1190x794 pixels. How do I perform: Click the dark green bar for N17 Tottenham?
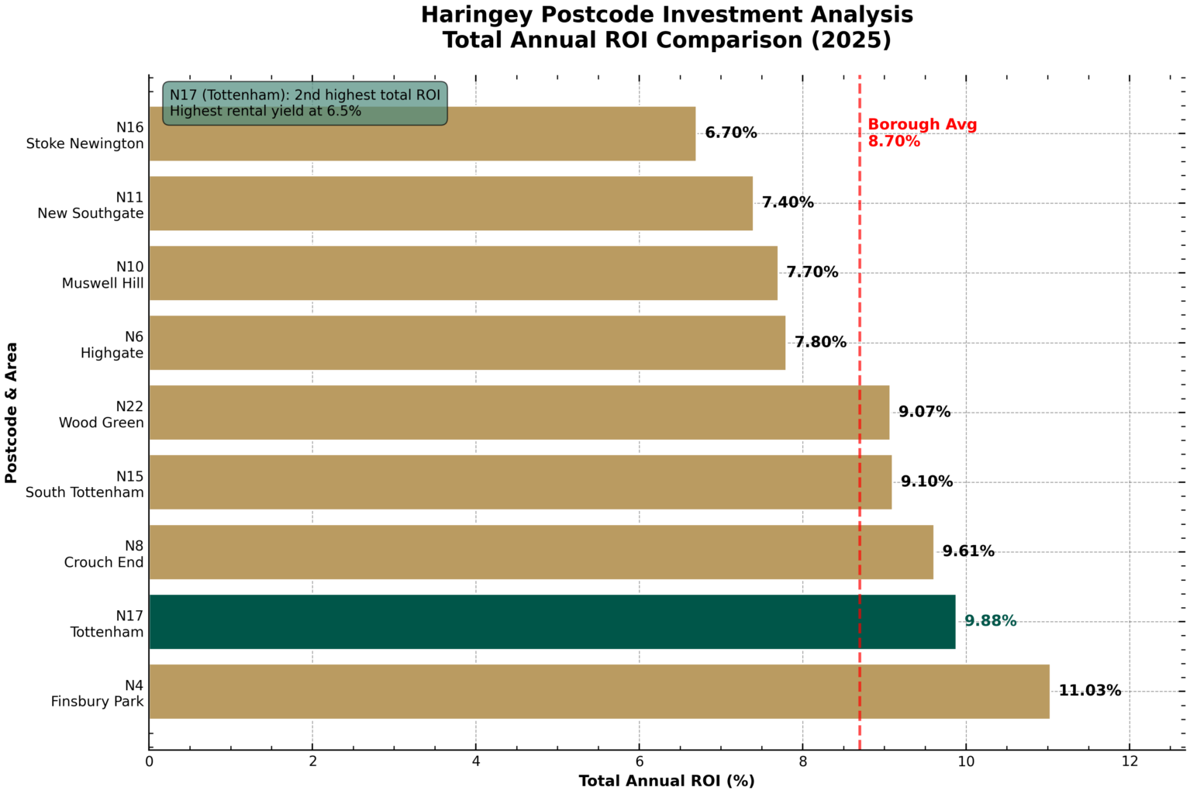552,622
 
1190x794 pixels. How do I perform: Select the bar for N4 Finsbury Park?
598,692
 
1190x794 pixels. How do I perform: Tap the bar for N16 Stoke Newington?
422,133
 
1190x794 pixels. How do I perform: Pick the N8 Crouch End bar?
540,552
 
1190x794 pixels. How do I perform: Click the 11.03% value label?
1089,691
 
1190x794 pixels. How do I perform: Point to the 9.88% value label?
990,621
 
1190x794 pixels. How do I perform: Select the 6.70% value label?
730,133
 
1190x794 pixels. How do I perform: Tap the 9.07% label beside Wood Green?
924,412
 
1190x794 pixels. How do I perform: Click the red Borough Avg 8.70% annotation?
921,133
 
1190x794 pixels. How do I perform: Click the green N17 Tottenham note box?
305,103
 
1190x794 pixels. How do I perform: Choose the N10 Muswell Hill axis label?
103,275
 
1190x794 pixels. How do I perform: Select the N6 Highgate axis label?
112,345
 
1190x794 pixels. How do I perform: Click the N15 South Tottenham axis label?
85,485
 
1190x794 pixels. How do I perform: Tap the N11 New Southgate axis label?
91,205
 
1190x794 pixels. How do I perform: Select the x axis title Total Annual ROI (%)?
666,781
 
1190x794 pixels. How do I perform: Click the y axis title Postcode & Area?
12,413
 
